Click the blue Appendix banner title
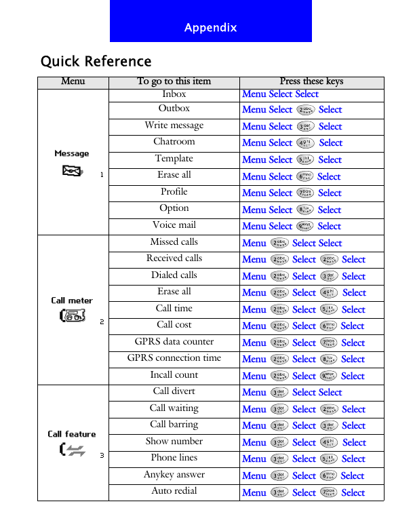click(x=210, y=28)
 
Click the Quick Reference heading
click(x=96, y=62)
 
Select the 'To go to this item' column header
click(x=174, y=82)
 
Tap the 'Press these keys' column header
click(x=311, y=82)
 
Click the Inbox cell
click(x=174, y=94)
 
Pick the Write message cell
click(x=174, y=125)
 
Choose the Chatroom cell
click(x=174, y=142)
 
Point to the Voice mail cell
click(x=174, y=225)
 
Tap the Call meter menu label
click(x=72, y=300)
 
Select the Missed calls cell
click(x=174, y=241)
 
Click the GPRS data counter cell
click(x=174, y=342)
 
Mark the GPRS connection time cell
click(x=174, y=358)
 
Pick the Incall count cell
click(x=174, y=375)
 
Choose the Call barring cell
click(x=174, y=425)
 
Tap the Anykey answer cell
click(x=174, y=475)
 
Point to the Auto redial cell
click(x=174, y=491)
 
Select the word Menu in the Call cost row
click(x=254, y=326)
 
